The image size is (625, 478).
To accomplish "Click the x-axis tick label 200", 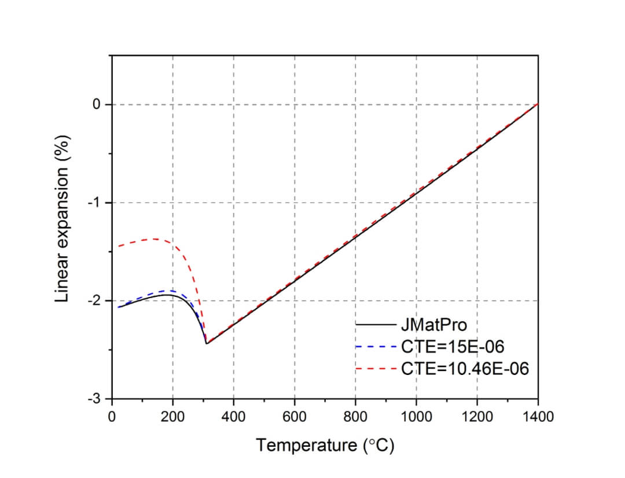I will [172, 416].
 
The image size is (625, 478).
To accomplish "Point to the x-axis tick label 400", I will [233, 416].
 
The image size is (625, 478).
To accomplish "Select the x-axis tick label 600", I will [295, 416].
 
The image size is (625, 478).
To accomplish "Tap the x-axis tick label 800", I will [355, 416].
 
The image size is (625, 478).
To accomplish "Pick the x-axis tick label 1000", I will [416, 416].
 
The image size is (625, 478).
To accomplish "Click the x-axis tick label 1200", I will [477, 416].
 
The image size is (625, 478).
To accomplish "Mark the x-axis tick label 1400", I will [538, 416].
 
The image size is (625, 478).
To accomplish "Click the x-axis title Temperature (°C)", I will [325, 445].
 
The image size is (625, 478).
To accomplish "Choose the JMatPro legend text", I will [433, 325].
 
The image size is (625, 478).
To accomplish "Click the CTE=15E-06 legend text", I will [452, 346].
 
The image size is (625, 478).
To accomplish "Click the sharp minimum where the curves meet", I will [207, 344].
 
